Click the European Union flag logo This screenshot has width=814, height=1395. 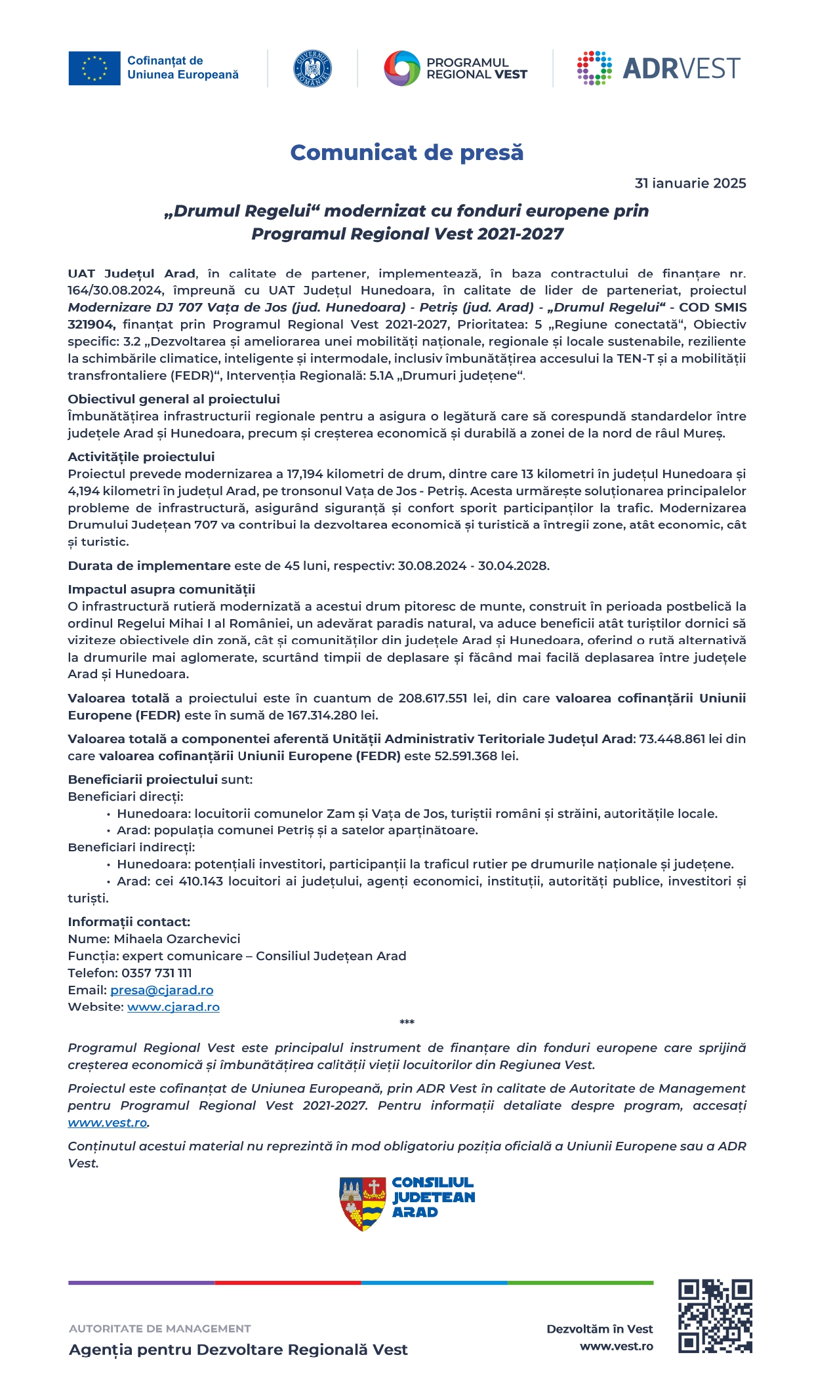point(94,68)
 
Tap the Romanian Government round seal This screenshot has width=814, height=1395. point(312,68)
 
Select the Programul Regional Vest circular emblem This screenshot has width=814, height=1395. point(401,68)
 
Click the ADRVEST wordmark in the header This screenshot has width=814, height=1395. point(681,68)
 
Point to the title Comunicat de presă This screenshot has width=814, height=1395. point(407,152)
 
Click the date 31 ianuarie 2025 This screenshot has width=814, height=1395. point(690,184)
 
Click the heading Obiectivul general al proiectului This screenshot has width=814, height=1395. point(174,399)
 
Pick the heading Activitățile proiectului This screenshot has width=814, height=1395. point(141,457)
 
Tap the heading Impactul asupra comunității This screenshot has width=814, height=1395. point(161,590)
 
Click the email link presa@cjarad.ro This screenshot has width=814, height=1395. point(161,990)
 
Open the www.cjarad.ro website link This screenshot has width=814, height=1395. point(173,1007)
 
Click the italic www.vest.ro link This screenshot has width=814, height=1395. point(108,1123)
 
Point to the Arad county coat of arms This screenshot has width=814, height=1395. point(362,1203)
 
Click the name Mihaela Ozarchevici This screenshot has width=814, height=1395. point(177,939)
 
